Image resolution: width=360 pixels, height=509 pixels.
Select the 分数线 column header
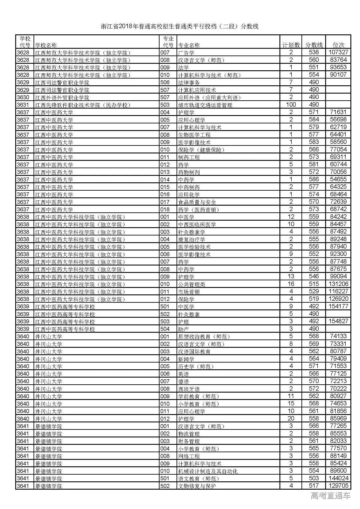click(x=314, y=45)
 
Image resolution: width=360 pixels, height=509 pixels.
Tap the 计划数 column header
click(x=291, y=45)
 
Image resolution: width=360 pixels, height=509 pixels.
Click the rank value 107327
click(x=338, y=52)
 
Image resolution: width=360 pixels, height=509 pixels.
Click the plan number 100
click(x=291, y=105)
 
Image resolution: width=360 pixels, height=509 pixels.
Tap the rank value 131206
click(x=338, y=284)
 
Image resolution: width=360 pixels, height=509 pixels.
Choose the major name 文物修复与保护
click(x=197, y=486)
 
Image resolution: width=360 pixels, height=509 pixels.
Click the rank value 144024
click(x=338, y=478)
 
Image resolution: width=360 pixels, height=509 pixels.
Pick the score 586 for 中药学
click(x=314, y=179)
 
